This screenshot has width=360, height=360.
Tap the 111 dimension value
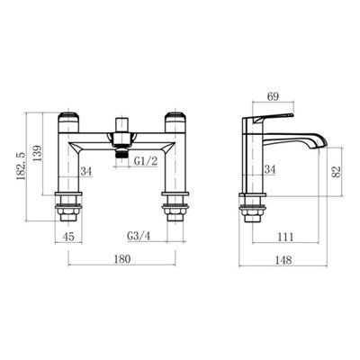[283, 238]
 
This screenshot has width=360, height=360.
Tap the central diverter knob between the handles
[123, 119]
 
